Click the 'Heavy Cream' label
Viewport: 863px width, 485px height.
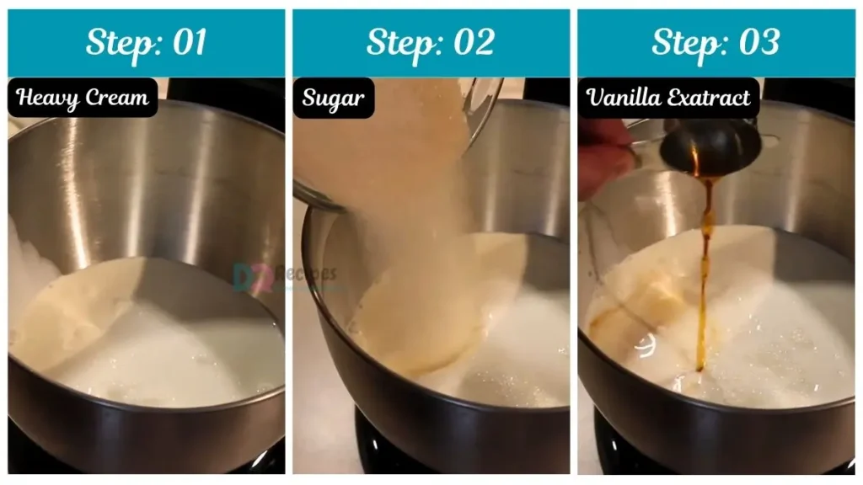[x=83, y=98]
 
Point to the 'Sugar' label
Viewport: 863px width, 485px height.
[x=334, y=98]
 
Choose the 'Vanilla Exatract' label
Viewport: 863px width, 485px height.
[x=668, y=98]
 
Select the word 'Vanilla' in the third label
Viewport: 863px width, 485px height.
[x=624, y=98]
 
